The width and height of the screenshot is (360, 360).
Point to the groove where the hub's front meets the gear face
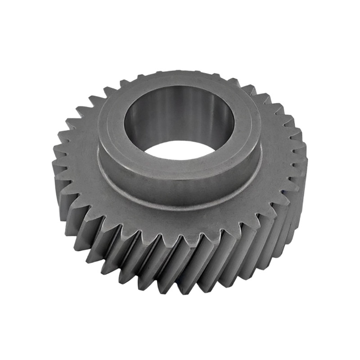point(180,205)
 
